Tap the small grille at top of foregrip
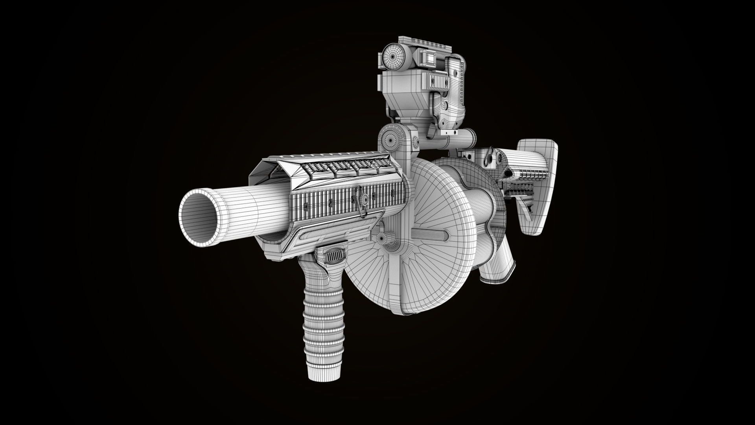pos(334,257)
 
